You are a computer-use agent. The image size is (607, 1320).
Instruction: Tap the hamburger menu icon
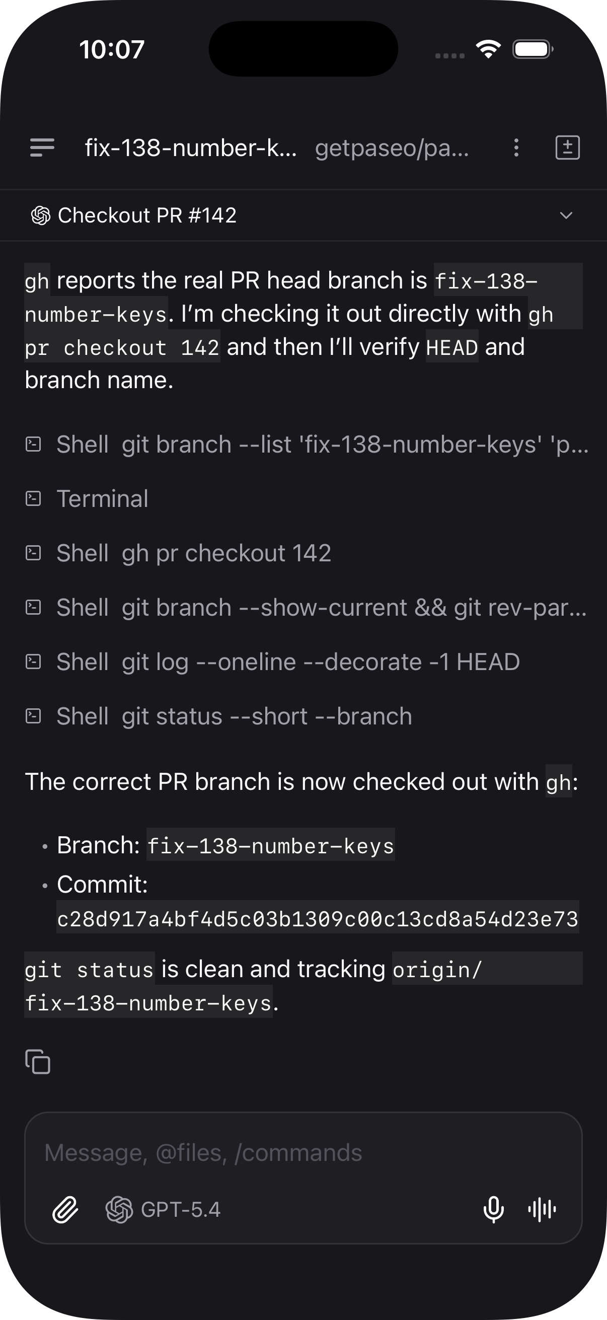(x=42, y=148)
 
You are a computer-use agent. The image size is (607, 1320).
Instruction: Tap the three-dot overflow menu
(x=516, y=148)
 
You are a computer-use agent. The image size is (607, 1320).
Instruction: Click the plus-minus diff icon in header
(x=568, y=148)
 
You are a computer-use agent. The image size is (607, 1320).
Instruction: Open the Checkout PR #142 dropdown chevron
(x=566, y=215)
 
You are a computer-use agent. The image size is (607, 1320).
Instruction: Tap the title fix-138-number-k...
(x=191, y=148)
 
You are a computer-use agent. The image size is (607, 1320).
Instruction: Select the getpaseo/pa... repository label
(x=392, y=148)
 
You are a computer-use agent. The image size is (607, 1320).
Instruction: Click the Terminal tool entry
(x=103, y=498)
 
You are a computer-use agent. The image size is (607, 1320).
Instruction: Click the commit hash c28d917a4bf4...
(x=318, y=919)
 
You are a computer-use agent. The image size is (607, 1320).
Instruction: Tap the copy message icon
(x=38, y=1061)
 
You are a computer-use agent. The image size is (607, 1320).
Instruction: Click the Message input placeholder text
(x=203, y=1153)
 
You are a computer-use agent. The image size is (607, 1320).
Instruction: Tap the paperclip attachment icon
(x=65, y=1210)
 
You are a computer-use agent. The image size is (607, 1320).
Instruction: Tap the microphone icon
(x=493, y=1210)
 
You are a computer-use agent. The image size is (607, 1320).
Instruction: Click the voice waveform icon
(x=542, y=1210)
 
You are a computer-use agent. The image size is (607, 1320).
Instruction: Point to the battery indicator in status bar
(x=533, y=50)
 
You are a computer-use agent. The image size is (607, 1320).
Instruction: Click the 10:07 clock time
(x=112, y=50)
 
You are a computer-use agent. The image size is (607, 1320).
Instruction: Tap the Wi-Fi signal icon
(x=488, y=49)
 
